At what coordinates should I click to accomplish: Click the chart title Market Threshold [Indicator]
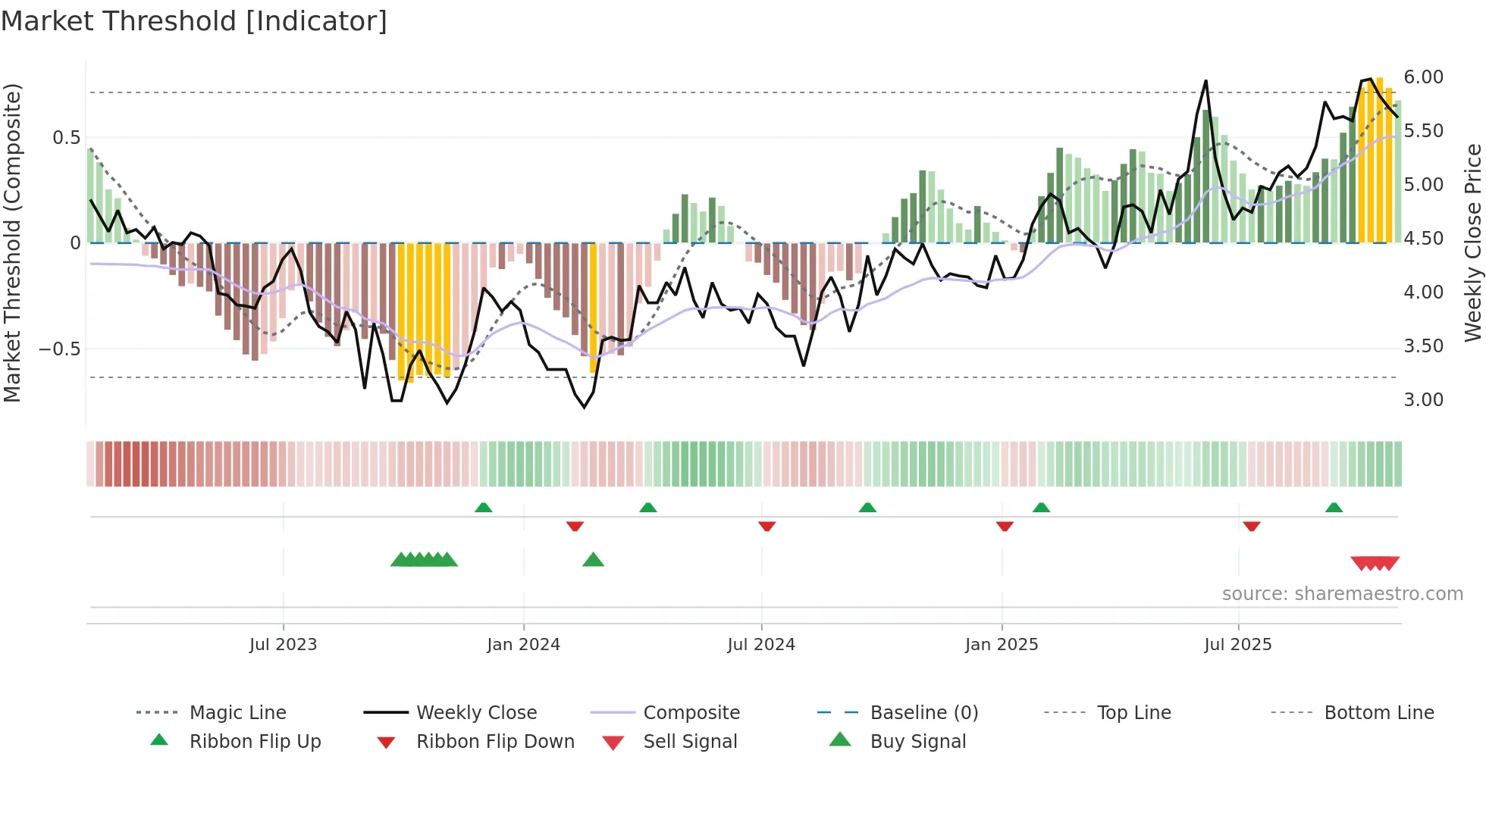(194, 21)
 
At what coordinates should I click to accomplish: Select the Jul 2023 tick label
(283, 645)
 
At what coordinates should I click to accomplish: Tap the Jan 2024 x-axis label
(523, 645)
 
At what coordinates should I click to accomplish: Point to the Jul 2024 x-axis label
(761, 645)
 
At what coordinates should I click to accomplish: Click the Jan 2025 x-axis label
(1002, 645)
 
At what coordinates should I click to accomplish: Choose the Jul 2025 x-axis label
(1237, 645)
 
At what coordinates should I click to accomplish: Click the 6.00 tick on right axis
(1423, 77)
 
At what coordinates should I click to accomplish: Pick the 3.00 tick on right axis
(1423, 400)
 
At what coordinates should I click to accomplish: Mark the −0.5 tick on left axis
(60, 349)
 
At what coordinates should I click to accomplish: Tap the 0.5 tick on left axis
(66, 138)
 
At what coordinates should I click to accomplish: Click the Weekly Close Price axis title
(1472, 242)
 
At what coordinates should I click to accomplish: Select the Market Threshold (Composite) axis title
(12, 242)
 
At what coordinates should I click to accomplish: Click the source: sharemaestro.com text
(1342, 594)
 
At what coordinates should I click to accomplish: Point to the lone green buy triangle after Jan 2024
(593, 560)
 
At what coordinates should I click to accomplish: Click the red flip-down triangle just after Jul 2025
(1251, 526)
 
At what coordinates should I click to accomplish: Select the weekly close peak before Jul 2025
(1205, 81)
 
